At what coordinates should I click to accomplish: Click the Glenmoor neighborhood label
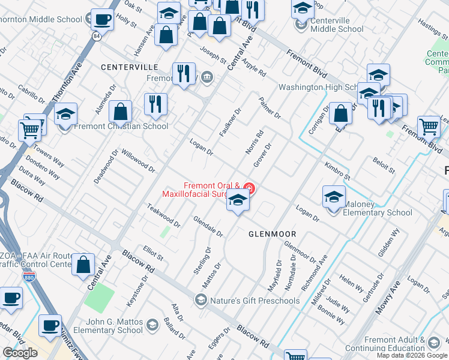click(270, 234)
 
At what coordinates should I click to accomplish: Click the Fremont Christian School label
click(121, 126)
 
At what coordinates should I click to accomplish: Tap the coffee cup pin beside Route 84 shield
click(102, 19)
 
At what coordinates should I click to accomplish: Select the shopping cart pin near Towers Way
click(30, 130)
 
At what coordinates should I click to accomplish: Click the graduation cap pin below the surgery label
click(238, 201)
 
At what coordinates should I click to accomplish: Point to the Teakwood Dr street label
click(164, 215)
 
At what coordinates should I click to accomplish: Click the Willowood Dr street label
click(139, 160)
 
